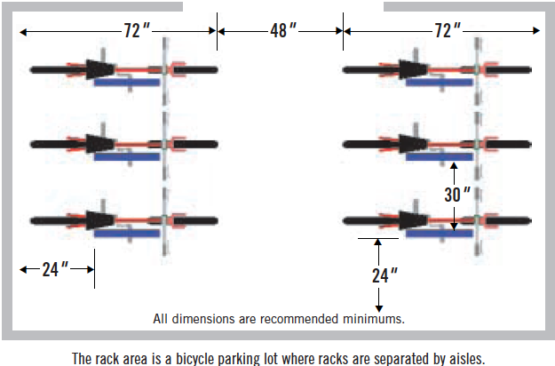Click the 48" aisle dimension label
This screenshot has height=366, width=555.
tap(280, 30)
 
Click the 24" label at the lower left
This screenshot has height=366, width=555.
tap(55, 267)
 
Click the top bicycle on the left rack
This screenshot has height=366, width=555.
tap(124, 69)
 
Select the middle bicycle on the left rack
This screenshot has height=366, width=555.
tap(124, 144)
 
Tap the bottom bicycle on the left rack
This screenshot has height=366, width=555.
tap(124, 219)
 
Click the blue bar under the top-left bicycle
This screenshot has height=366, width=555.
tap(127, 83)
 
